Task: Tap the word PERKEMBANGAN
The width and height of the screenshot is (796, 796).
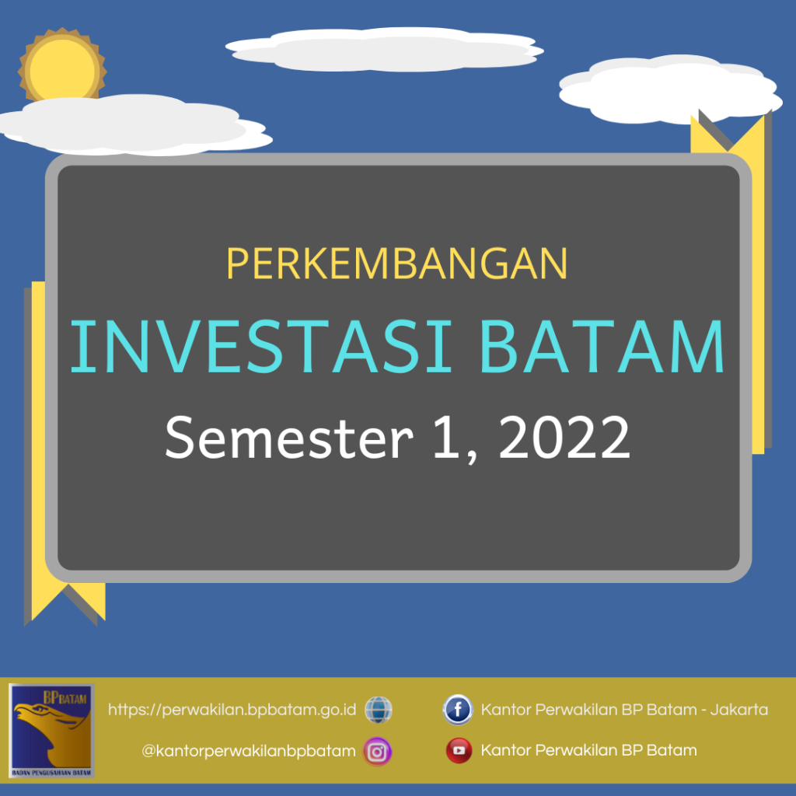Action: pyautogui.click(x=397, y=264)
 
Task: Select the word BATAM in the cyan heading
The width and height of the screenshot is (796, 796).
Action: pyautogui.click(x=602, y=347)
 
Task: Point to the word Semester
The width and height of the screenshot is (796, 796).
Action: pyautogui.click(x=289, y=438)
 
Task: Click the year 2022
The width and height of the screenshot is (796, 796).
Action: pyautogui.click(x=564, y=438)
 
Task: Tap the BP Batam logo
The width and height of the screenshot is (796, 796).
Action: pyautogui.click(x=51, y=730)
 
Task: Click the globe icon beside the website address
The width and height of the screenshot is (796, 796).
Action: pyautogui.click(x=379, y=710)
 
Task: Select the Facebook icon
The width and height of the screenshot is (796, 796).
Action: pyautogui.click(x=457, y=709)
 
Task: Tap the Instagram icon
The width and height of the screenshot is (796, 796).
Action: pyautogui.click(x=377, y=752)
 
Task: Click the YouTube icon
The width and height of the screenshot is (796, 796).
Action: pyautogui.click(x=459, y=750)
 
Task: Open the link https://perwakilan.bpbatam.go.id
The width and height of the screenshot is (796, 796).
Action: pyautogui.click(x=232, y=710)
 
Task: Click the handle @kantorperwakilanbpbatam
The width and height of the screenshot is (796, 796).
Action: pyautogui.click(x=249, y=751)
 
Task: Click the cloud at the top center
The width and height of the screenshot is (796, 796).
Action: pyautogui.click(x=384, y=49)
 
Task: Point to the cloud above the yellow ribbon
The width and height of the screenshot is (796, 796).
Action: pyautogui.click(x=671, y=89)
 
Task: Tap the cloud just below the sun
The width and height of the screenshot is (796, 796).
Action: pyautogui.click(x=134, y=125)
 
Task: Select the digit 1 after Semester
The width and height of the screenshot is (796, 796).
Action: pyautogui.click(x=445, y=437)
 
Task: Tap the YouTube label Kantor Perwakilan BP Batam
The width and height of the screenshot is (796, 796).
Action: pyautogui.click(x=589, y=750)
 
